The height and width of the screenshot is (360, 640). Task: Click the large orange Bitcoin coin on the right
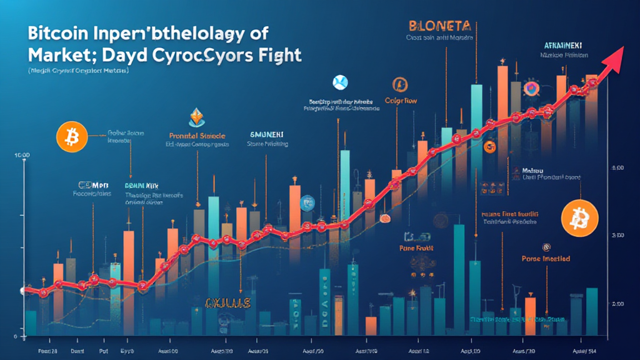579,219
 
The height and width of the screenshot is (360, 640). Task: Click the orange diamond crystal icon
197,117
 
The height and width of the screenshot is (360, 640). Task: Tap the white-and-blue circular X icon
340,82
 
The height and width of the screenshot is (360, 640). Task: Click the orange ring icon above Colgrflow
399,84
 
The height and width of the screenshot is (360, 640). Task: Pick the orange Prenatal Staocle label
197,135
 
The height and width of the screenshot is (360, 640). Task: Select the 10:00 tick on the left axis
22,154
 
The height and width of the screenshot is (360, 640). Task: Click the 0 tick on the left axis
15,336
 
